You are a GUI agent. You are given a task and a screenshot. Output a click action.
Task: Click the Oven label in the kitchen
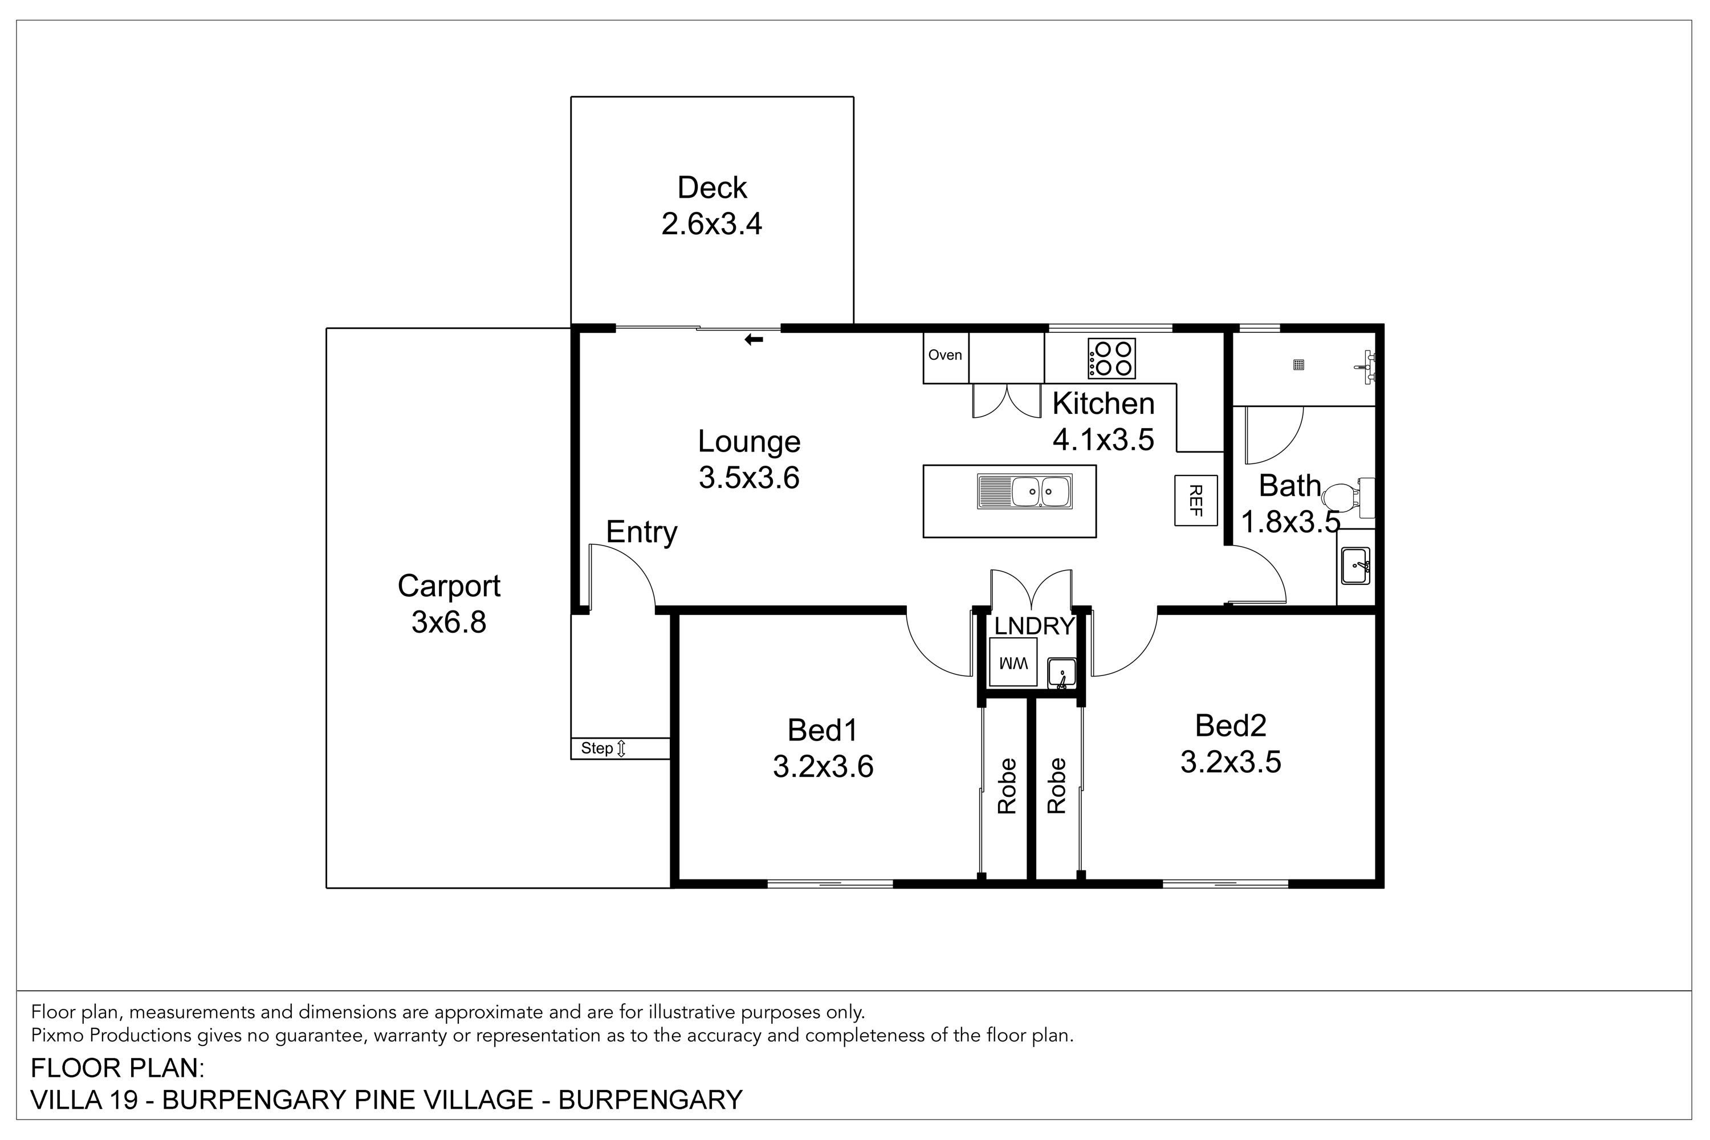[944, 355]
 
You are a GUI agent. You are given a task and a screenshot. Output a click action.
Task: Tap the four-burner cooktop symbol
[1111, 359]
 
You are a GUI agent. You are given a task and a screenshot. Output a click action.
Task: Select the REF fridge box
[1196, 500]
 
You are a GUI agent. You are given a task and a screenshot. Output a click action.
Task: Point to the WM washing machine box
[1013, 663]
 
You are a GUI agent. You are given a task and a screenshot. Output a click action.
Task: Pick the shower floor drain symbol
[1298, 365]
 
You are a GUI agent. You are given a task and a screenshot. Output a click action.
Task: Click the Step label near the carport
[597, 748]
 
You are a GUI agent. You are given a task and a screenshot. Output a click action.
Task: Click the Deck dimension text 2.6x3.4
[712, 224]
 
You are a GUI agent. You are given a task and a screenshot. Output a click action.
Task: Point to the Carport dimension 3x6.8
[449, 622]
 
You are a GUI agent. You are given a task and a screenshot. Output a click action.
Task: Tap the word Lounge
[749, 442]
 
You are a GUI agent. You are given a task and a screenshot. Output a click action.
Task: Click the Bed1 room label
[823, 731]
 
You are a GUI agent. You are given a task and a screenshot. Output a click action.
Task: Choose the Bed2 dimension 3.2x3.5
[1230, 762]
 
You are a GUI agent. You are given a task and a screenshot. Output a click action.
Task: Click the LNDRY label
[1034, 626]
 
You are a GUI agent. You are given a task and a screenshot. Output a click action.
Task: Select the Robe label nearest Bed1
[1006, 786]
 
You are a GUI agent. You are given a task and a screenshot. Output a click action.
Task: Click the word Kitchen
[1103, 404]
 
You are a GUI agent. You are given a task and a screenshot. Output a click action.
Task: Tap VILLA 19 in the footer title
[84, 1100]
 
